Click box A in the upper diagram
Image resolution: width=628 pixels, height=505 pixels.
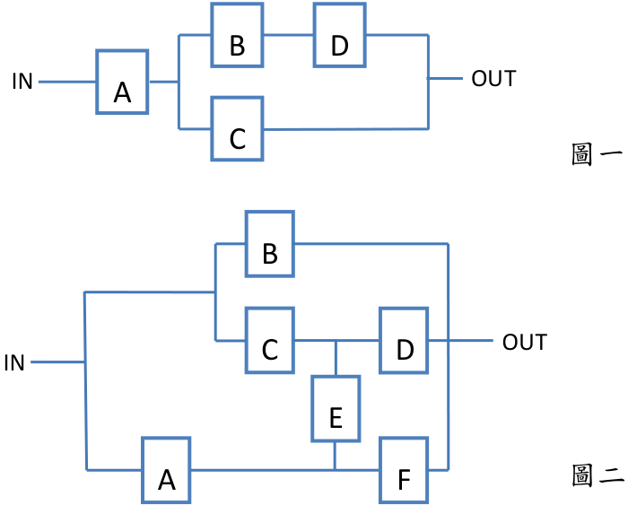122,82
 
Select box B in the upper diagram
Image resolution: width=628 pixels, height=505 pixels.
237,34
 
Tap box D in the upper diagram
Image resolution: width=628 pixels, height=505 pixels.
340,34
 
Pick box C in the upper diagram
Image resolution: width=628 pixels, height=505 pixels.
237,128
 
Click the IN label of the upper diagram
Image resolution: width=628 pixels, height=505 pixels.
22,82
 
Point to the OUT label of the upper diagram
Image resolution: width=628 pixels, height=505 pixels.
493,79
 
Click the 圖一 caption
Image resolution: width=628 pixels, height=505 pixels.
597,154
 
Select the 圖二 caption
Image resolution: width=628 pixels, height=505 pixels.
597,475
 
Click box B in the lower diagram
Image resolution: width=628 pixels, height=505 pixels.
270,244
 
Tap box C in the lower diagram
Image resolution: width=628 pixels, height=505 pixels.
270,341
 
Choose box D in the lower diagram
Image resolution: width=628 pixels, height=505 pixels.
404,341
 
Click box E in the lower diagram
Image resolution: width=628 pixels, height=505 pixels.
336,408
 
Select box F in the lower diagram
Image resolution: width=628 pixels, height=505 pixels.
404,470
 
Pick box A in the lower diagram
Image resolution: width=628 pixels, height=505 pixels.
166,470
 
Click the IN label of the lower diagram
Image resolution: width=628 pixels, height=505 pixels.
14,363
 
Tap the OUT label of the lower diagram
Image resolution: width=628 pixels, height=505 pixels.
525,343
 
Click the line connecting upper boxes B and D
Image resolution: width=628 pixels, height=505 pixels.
288,35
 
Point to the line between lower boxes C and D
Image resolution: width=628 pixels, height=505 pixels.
336,341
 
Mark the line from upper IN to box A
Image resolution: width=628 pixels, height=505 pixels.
67,82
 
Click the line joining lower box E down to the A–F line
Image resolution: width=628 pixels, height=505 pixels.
335,456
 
